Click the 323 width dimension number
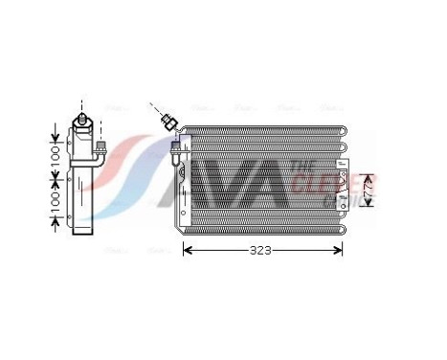coord(261,251)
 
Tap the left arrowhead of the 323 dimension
coord(188,251)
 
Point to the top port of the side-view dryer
coord(84,120)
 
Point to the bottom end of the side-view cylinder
coord(84,230)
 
